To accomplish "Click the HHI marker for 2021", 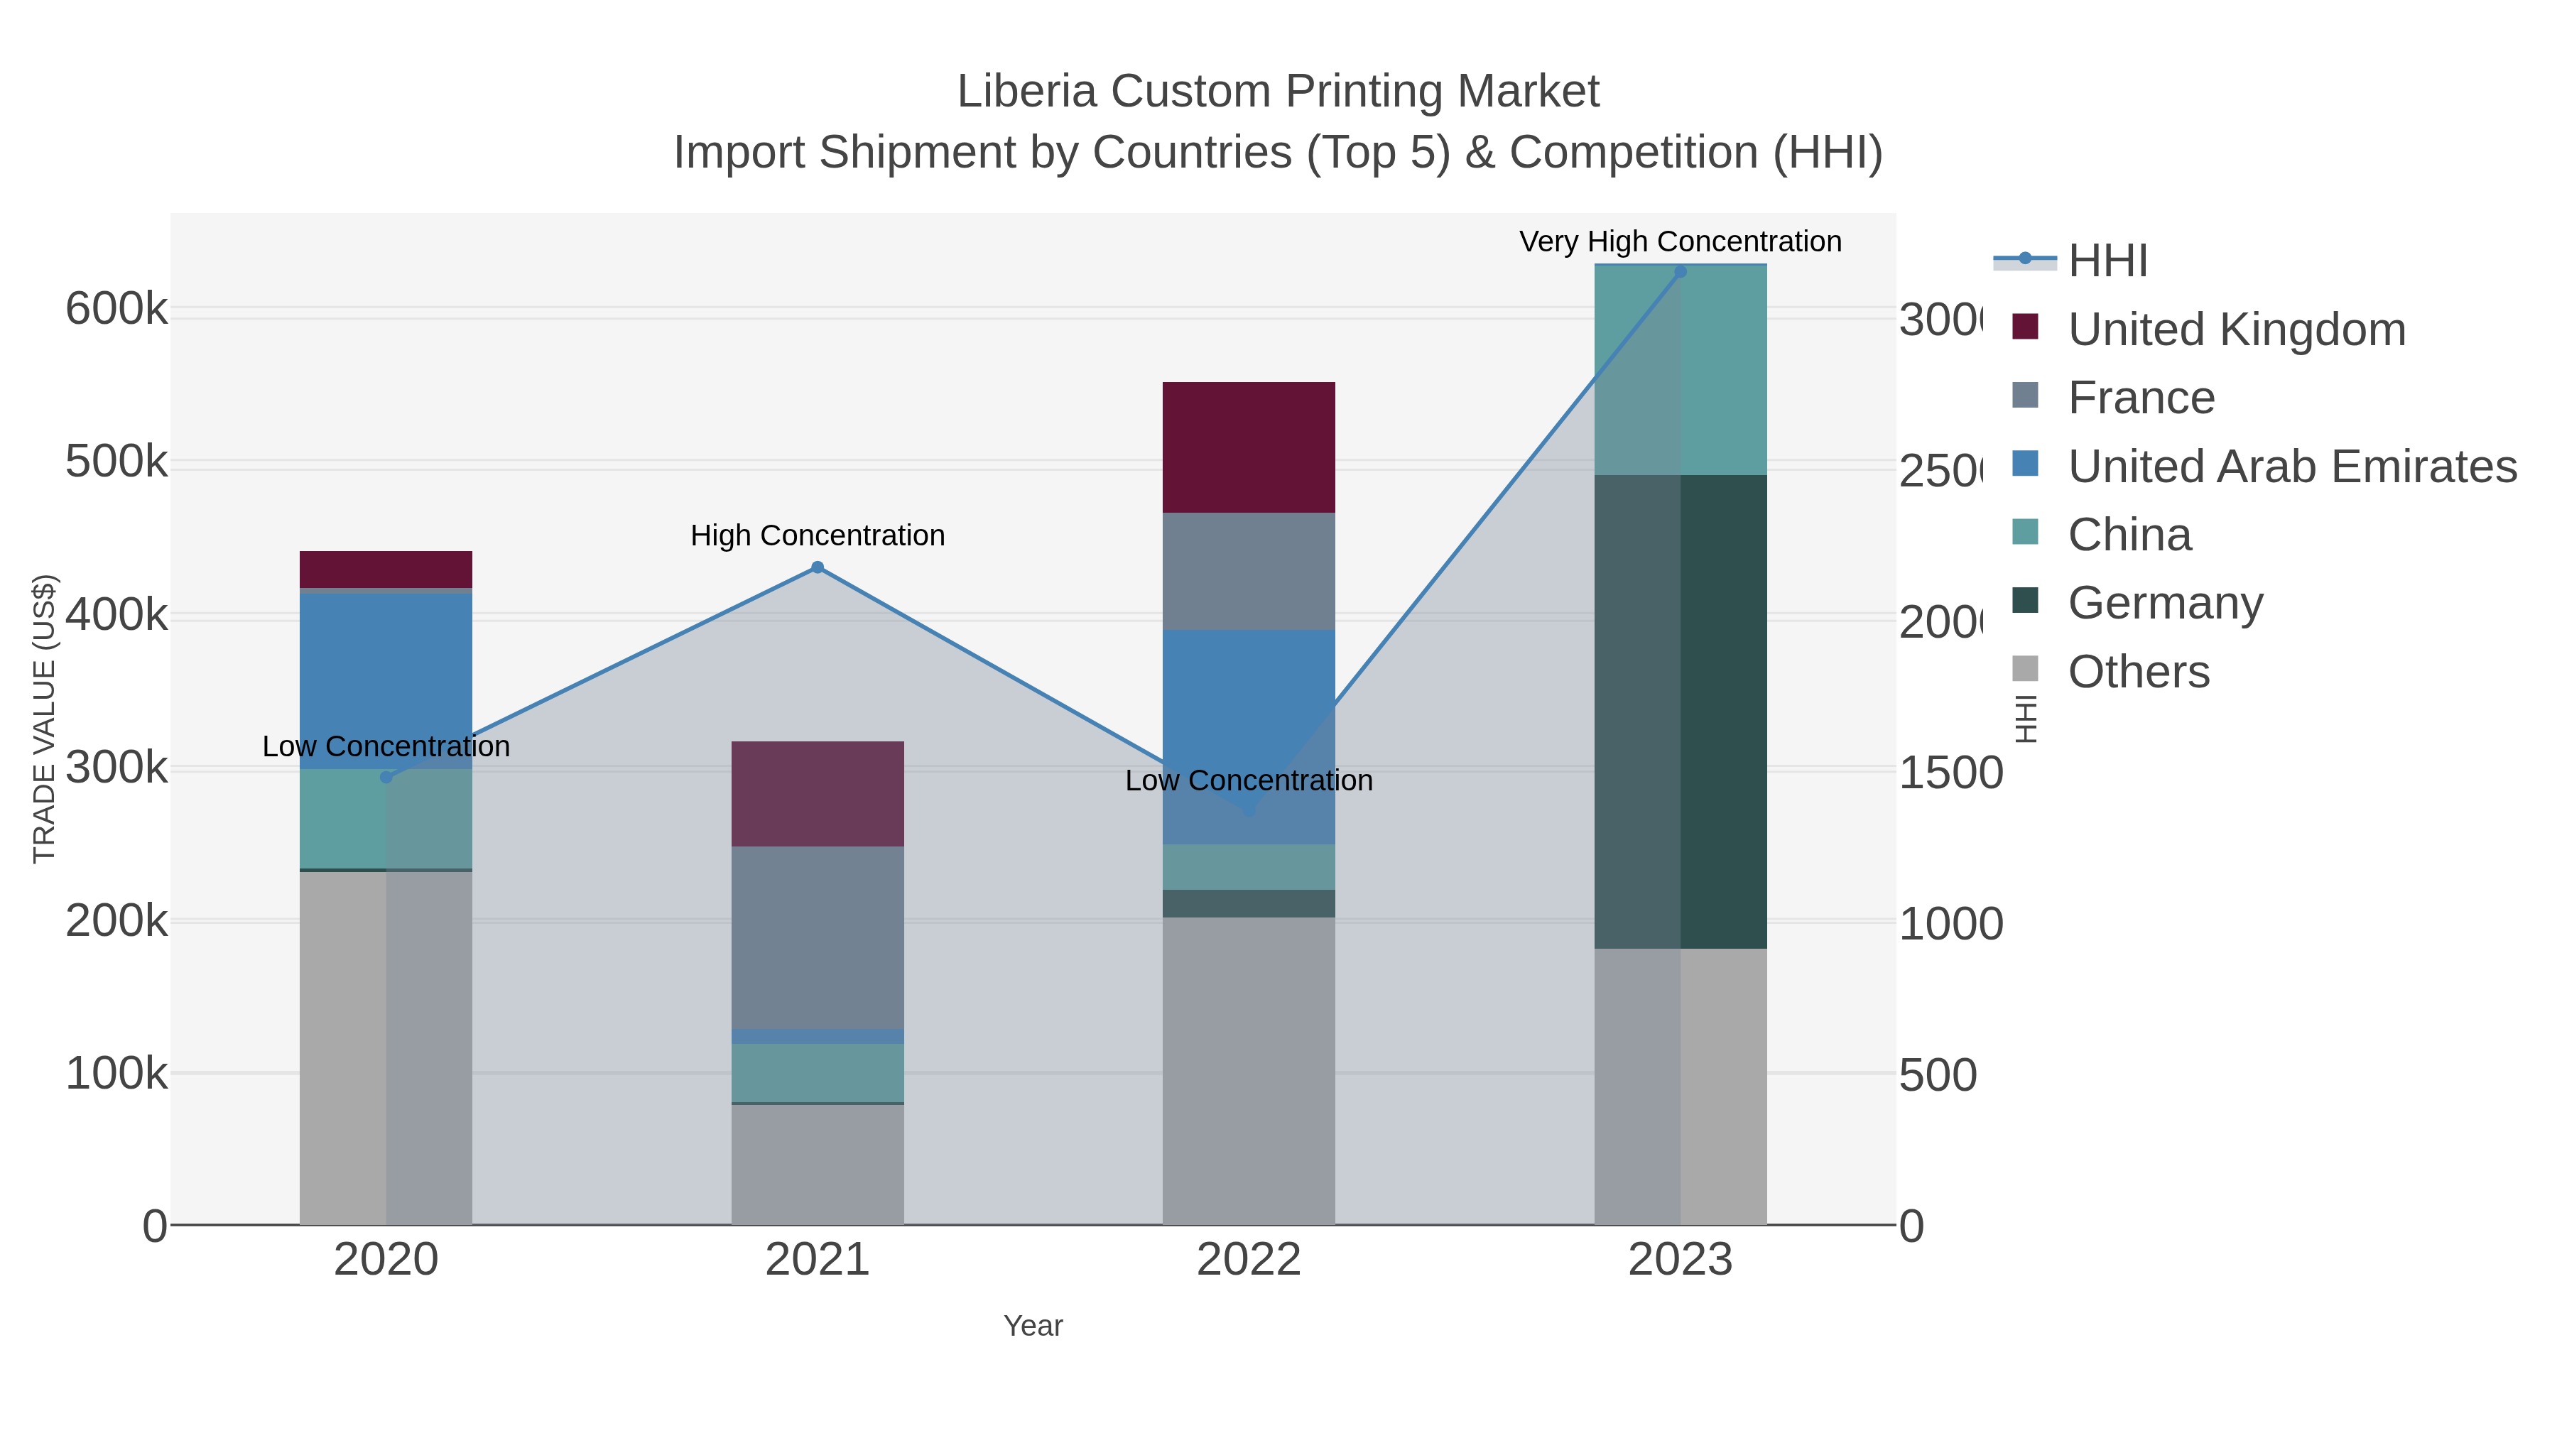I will click(x=817, y=567).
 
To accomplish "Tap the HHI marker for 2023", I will click(x=1680, y=271).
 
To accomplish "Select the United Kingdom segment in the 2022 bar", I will click(x=1248, y=447).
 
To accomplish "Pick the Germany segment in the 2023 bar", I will click(x=1680, y=711).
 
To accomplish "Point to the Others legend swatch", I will click(x=2025, y=670).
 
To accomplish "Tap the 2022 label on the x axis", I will click(x=1248, y=1259).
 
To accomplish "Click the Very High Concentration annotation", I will click(x=1680, y=241).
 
